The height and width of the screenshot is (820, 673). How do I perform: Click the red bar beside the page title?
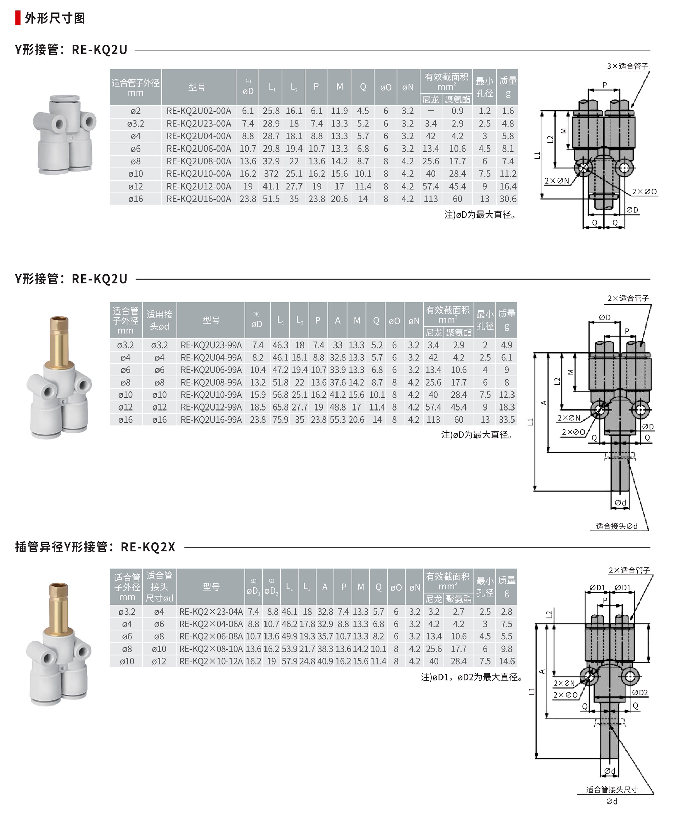coord(18,18)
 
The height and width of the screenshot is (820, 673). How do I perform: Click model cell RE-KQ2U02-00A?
coord(199,111)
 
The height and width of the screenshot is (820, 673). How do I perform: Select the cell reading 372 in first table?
coord(271,174)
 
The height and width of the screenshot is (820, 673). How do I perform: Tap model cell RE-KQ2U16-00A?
coord(199,199)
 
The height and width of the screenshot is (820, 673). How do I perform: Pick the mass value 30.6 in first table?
coord(508,199)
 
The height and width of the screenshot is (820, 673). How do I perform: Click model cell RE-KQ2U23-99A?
coord(211,345)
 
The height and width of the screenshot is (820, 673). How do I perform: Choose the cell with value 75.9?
coord(280,419)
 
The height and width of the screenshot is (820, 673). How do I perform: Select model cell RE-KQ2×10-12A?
coord(211,661)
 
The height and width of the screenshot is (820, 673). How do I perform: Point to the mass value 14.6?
coord(507,661)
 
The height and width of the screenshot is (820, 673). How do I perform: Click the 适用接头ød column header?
coord(160,320)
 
